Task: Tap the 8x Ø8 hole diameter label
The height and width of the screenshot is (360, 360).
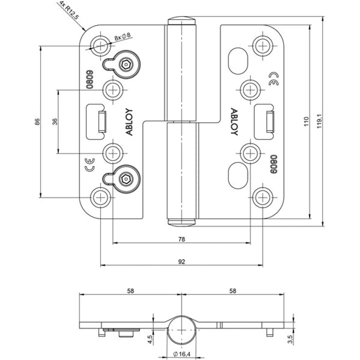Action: pyautogui.click(x=122, y=36)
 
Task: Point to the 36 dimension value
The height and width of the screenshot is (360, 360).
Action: pyautogui.click(x=54, y=121)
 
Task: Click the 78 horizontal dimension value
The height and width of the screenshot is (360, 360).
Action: pyautogui.click(x=181, y=239)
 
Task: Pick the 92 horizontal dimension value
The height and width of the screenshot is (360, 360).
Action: pyautogui.click(x=181, y=261)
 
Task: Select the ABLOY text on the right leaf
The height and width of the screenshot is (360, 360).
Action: pyautogui.click(x=233, y=122)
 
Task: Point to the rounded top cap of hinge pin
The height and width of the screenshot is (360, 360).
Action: pyautogui.click(x=181, y=21)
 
